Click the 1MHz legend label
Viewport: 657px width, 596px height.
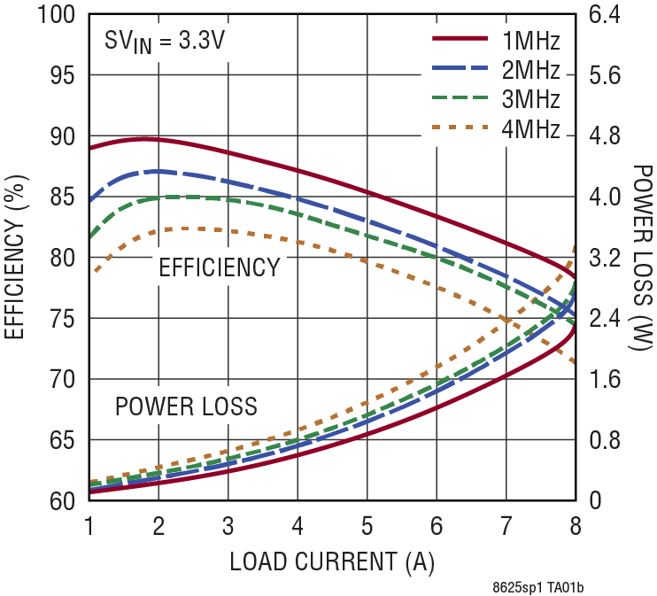[x=530, y=41]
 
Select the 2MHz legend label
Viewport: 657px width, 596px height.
[x=530, y=70]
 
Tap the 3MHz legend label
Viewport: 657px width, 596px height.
[x=530, y=99]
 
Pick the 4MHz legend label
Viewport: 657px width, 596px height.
[x=530, y=129]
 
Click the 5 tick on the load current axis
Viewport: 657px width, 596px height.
[x=367, y=525]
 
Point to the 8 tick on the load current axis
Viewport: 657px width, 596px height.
[x=576, y=525]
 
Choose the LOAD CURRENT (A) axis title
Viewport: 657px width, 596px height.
[x=332, y=561]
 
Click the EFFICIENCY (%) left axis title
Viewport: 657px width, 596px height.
[x=15, y=257]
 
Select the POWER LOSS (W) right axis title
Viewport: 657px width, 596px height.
[x=643, y=257]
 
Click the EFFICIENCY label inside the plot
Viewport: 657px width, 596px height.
[x=219, y=267]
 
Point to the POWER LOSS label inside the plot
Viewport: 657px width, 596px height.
[x=186, y=406]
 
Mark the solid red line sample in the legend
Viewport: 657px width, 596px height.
[x=460, y=39]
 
